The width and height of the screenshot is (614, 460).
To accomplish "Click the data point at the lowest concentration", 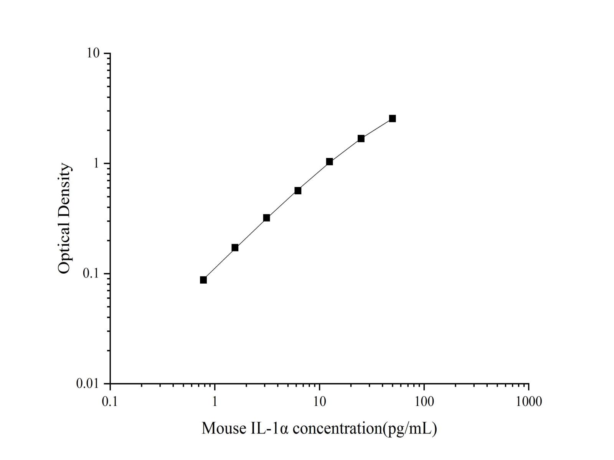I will click(x=203, y=280).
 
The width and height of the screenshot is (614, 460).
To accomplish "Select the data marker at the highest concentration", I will click(x=392, y=118).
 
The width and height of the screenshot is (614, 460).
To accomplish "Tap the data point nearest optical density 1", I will click(x=329, y=162).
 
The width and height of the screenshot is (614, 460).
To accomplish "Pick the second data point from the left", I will click(x=235, y=248).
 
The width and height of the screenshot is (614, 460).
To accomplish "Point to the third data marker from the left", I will click(x=266, y=218).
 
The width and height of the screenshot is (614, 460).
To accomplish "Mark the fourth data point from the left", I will click(x=298, y=191).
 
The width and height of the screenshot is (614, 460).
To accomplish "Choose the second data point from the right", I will click(x=361, y=138).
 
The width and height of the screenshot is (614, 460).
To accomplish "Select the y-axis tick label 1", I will click(x=96, y=164).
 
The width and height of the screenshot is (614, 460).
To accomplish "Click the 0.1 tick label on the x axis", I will click(x=110, y=401).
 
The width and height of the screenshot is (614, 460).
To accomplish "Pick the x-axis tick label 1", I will click(x=215, y=401).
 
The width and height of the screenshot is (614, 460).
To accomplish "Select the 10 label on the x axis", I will click(x=319, y=401).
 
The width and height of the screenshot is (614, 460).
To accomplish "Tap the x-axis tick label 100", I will click(x=424, y=401).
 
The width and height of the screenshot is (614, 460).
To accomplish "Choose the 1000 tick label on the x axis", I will click(x=528, y=401).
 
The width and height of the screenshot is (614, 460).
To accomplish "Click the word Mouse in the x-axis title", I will click(x=221, y=428).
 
